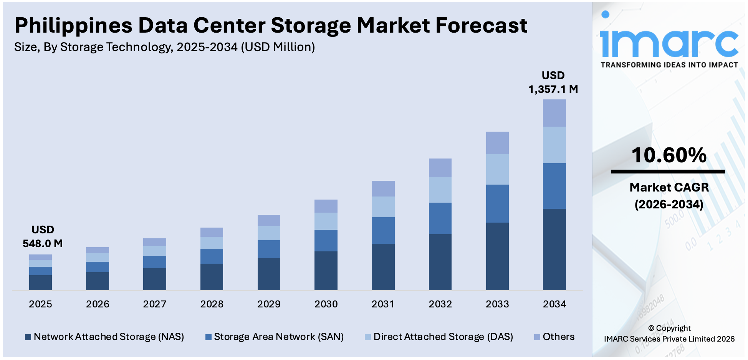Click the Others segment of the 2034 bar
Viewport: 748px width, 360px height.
[554, 113]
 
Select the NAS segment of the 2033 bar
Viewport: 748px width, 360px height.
[497, 256]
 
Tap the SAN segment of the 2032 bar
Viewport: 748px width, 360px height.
[440, 218]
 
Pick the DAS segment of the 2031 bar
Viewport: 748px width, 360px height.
[383, 206]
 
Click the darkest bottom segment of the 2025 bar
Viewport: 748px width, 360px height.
[40, 282]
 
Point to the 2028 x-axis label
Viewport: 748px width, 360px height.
[212, 304]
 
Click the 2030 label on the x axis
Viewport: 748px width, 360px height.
[326, 304]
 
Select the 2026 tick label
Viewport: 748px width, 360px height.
[98, 304]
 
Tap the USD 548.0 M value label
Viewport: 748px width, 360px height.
[43, 236]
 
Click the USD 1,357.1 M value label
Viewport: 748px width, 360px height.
[553, 82]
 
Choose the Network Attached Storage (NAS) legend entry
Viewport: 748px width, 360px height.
[104, 337]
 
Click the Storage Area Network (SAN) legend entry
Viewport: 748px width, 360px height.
[275, 337]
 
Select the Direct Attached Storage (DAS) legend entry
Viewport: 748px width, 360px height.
[439, 337]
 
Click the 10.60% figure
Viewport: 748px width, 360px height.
[669, 155]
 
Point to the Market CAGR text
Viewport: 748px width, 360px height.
[669, 187]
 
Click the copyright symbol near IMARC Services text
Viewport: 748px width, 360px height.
[651, 328]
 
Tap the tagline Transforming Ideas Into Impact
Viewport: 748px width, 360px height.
[669, 65]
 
